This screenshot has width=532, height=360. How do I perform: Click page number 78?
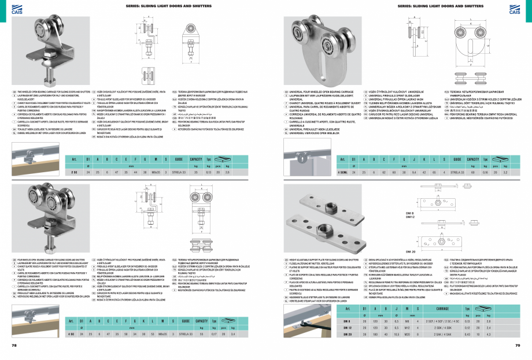click(14, 346)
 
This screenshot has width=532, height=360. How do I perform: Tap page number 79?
click(518, 346)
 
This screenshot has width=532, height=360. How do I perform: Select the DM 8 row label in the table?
click(347, 321)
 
